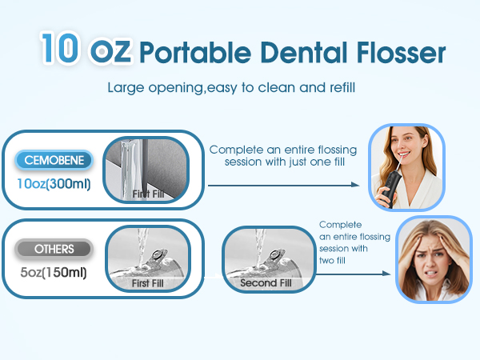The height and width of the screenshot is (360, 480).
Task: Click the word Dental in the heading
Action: (x=287, y=52)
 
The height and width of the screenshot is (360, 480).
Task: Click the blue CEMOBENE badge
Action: (x=54, y=160)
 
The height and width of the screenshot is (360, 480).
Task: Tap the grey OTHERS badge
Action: (x=54, y=249)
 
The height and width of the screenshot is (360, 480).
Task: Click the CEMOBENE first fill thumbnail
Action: (x=150, y=169)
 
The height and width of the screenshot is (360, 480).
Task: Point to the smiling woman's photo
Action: (x=405, y=167)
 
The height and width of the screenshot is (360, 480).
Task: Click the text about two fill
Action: (x=354, y=242)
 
